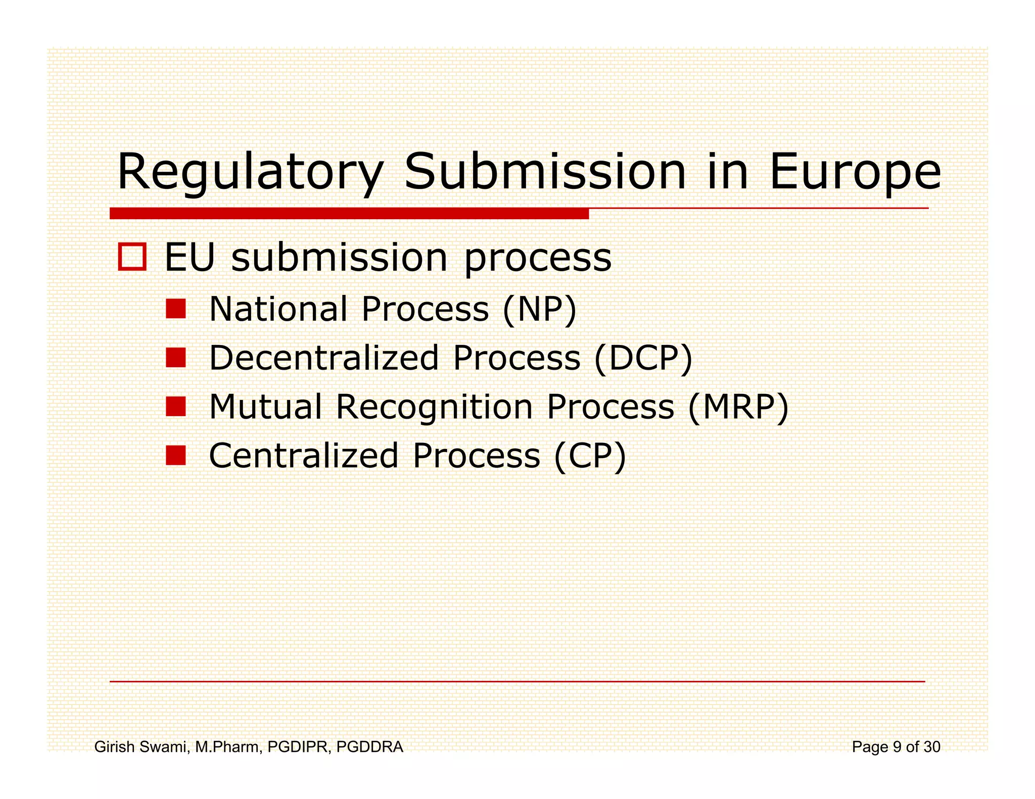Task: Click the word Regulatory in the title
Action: coord(250,173)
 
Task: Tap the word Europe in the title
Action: coord(855,173)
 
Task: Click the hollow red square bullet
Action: coord(132,257)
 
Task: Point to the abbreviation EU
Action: coord(190,258)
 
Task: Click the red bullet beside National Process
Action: coord(176,309)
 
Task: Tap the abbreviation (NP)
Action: coord(539,309)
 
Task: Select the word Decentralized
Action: coord(324,358)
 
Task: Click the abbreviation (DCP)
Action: coord(643,358)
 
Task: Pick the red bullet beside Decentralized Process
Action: coord(176,358)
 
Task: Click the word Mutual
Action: coord(265,407)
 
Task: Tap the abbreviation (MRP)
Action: coord(738,407)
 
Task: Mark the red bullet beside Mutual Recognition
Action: coord(176,406)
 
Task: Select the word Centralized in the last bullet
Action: coord(304,456)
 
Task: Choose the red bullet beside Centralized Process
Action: coord(176,455)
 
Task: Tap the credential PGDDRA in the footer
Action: coord(369,746)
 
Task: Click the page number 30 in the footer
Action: coord(932,746)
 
